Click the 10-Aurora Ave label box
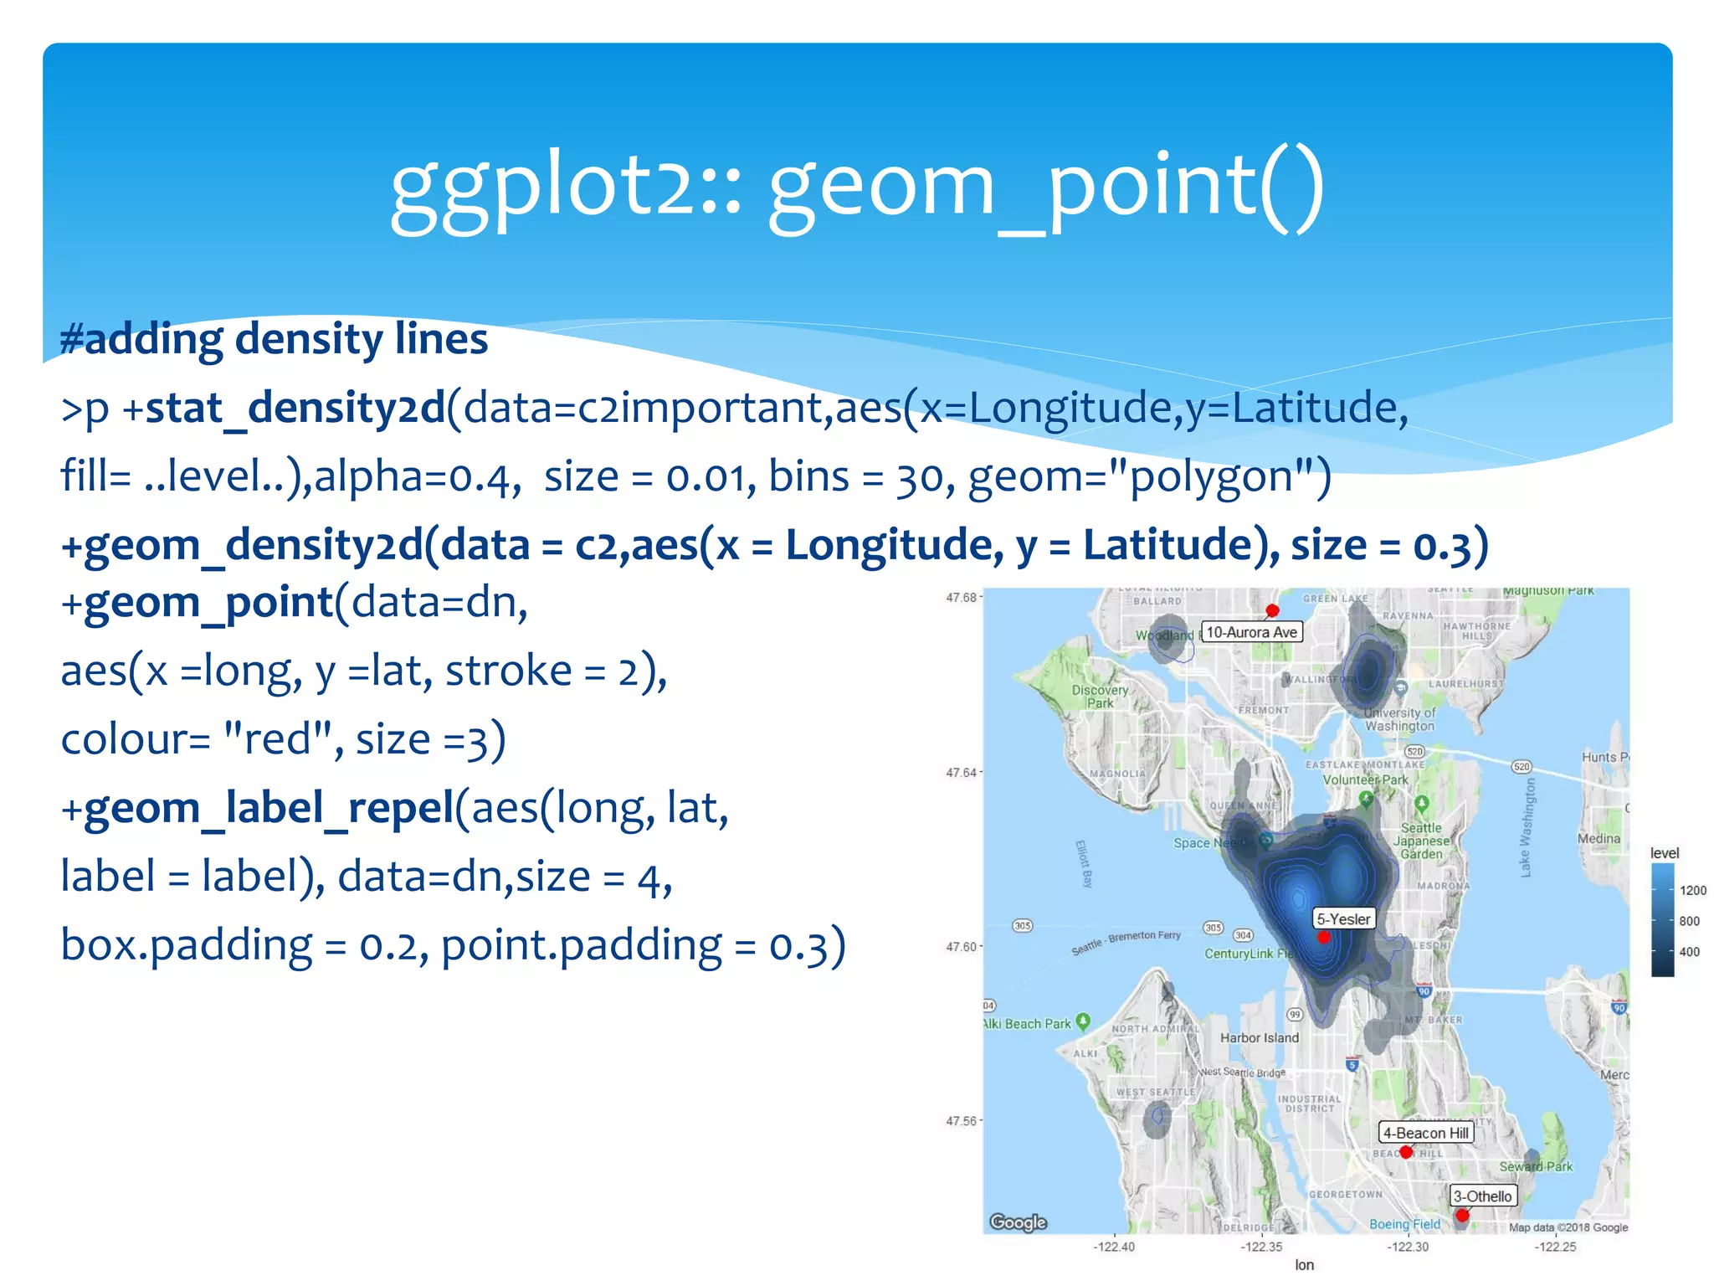pyautogui.click(x=1251, y=632)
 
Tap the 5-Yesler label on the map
pyautogui.click(x=1343, y=919)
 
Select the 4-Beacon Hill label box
pyautogui.click(x=1425, y=1133)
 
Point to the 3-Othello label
pyautogui.click(x=1482, y=1196)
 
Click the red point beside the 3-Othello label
pyautogui.click(x=1461, y=1215)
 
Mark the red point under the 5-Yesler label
pyautogui.click(x=1323, y=938)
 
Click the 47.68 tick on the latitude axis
pyautogui.click(x=961, y=598)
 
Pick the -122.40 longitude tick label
pyautogui.click(x=1114, y=1247)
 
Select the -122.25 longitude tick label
pyautogui.click(x=1554, y=1247)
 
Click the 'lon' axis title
pyautogui.click(x=1304, y=1265)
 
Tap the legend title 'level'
pyautogui.click(x=1664, y=853)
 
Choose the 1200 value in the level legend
pyautogui.click(x=1692, y=891)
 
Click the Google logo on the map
pyautogui.click(x=1018, y=1222)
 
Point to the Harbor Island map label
pyautogui.click(x=1259, y=1038)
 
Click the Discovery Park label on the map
pyautogui.click(x=1100, y=697)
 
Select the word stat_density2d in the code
pyautogui.click(x=295, y=409)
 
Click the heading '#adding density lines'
pyautogui.click(x=274, y=340)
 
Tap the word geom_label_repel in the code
pyautogui.click(x=268, y=809)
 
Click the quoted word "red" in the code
pyautogui.click(x=280, y=740)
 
